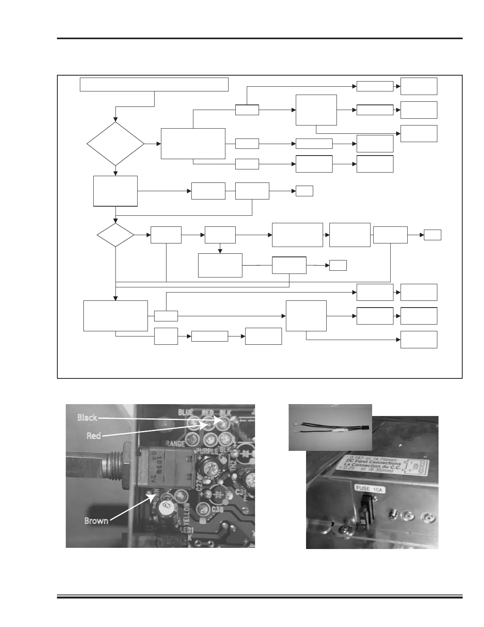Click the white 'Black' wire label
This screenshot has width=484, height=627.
[87, 418]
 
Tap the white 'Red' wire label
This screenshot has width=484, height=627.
[94, 436]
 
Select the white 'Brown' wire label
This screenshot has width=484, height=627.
[96, 521]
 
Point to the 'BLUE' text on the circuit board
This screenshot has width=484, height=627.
[186, 412]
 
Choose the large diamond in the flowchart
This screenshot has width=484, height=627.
[115, 144]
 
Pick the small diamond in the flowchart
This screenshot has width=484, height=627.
[115, 235]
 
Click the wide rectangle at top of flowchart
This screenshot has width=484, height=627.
[154, 85]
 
